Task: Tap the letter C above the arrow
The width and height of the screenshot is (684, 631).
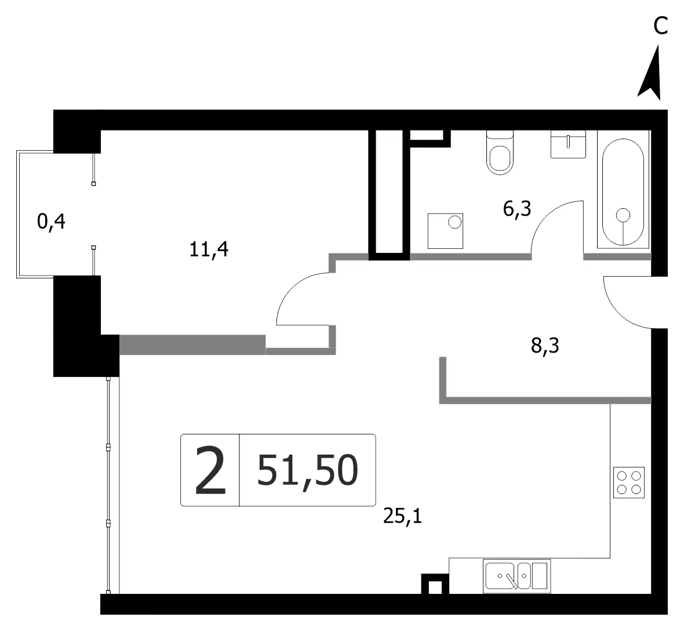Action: [660, 26]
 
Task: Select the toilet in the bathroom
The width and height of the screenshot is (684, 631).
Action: [500, 153]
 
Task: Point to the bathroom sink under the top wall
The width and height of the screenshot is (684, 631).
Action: [568, 144]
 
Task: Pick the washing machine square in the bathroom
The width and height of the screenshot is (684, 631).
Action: [445, 231]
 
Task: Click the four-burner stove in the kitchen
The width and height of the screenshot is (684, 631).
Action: [628, 482]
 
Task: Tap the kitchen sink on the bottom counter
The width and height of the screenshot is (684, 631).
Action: [516, 576]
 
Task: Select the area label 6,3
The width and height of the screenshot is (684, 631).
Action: [517, 209]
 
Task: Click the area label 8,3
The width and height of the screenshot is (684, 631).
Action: [545, 346]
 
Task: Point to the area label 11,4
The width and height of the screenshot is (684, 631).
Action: [209, 250]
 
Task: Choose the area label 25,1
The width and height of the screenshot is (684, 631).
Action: [402, 517]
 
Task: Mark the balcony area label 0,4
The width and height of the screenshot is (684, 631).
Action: [51, 222]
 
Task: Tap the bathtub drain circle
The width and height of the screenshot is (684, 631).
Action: [623, 215]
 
